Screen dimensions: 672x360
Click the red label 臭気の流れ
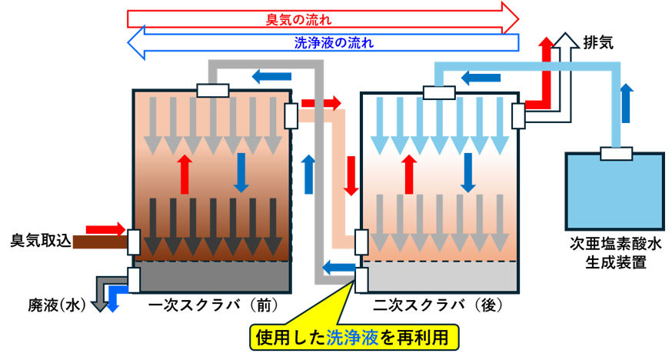298,20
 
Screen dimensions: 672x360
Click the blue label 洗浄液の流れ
334,42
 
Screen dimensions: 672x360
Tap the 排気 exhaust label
598,42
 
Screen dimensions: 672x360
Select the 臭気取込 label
41,241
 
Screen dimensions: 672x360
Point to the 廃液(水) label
58,305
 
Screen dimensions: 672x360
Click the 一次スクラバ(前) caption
213,305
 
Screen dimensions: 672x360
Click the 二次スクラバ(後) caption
437,305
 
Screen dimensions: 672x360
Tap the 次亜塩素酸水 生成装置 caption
616,253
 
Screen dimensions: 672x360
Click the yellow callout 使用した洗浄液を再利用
354,338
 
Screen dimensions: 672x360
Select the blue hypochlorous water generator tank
615,191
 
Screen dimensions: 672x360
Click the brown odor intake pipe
101,242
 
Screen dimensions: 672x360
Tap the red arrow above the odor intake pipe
105,229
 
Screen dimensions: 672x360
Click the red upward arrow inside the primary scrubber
185,174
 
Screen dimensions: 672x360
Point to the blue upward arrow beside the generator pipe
627,103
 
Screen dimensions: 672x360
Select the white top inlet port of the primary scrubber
213,91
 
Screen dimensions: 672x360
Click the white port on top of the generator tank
616,153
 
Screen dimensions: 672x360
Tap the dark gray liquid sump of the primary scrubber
213,277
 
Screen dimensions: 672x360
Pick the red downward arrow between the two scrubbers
351,175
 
